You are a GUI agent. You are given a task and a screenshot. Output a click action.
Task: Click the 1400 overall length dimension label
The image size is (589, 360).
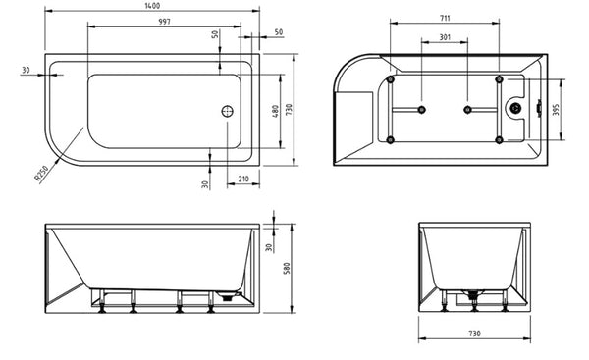[152, 6]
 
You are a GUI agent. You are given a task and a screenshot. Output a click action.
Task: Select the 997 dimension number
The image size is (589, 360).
[164, 22]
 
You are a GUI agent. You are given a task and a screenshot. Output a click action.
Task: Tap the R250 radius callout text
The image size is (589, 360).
[41, 174]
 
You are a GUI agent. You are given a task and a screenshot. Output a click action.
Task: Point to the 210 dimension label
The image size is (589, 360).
[243, 180]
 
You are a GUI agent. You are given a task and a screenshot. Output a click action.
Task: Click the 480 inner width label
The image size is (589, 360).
[275, 111]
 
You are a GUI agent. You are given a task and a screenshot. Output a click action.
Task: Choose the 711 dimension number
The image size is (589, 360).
[445, 18]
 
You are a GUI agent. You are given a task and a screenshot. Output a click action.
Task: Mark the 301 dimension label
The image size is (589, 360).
[445, 37]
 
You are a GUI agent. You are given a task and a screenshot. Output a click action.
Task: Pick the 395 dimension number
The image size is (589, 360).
[557, 109]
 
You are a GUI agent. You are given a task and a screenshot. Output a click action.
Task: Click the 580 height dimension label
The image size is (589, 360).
[287, 269]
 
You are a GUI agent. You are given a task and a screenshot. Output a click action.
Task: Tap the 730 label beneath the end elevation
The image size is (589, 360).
[474, 334]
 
